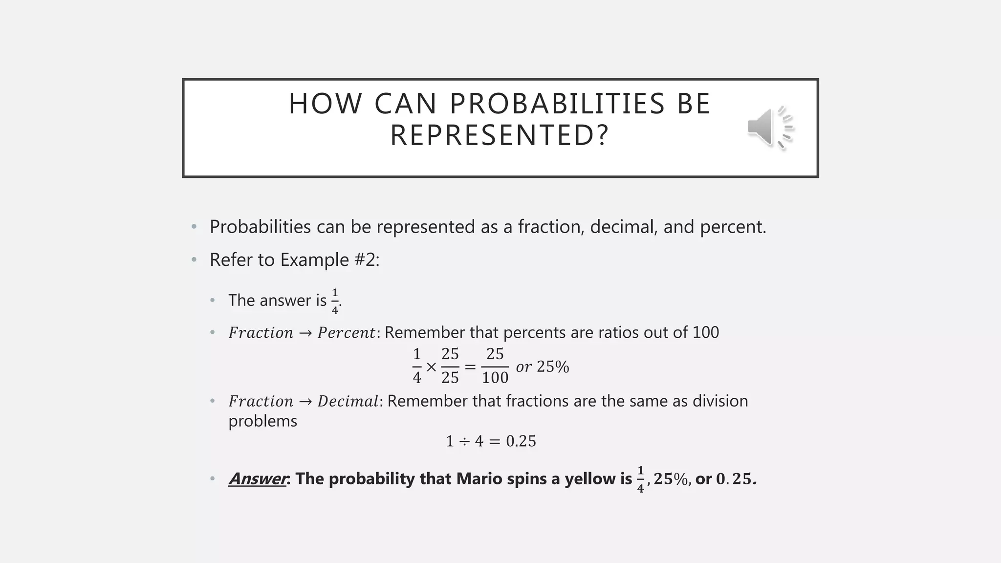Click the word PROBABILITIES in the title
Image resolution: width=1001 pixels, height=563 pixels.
(x=557, y=104)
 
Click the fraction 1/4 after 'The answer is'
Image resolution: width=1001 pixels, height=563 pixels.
(x=335, y=301)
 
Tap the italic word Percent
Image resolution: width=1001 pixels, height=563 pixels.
(x=346, y=333)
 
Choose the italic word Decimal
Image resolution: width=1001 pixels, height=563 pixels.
(x=348, y=401)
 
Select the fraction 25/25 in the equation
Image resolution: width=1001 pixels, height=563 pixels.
(x=450, y=366)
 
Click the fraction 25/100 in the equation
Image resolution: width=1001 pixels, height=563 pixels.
(x=495, y=366)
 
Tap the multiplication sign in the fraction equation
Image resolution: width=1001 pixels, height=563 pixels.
(x=431, y=367)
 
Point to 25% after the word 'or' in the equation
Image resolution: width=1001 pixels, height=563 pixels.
(x=553, y=367)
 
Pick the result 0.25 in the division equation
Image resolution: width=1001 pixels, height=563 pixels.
(x=521, y=441)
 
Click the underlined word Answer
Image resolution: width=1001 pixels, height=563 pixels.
(x=257, y=479)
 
